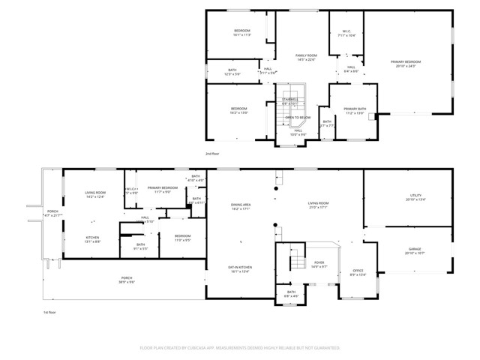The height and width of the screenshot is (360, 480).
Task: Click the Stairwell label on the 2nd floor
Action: point(289,101)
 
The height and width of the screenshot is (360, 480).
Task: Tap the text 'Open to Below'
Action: point(297,118)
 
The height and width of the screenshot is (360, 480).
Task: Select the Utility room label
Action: point(415,198)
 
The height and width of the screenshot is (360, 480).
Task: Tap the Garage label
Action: point(415,252)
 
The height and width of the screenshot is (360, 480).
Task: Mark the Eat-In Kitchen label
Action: point(239,270)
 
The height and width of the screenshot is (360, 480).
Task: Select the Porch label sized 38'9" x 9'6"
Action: point(127,280)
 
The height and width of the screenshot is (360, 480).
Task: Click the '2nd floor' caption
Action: point(212,153)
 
